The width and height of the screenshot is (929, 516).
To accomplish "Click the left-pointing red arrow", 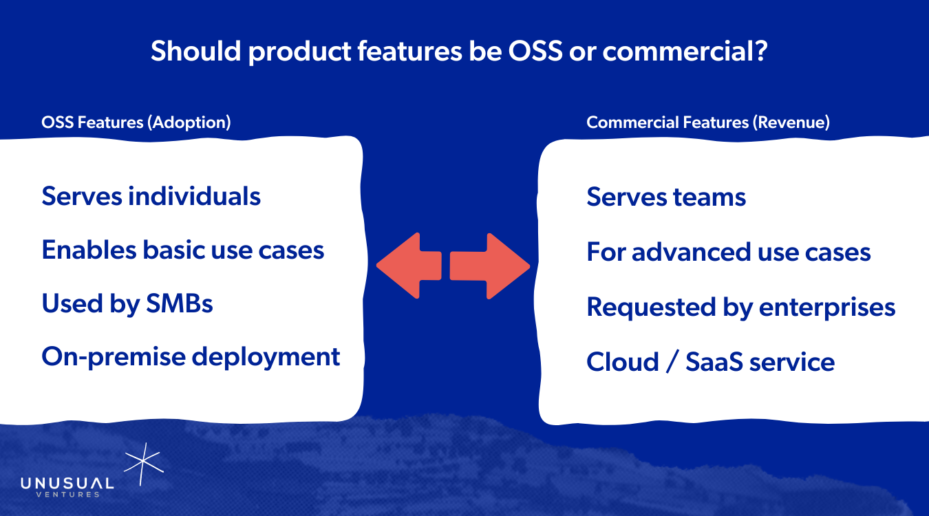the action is pos(409,266).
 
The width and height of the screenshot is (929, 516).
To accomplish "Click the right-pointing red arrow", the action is pos(490,266).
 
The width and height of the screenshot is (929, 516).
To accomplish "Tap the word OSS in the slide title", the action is pos(535,52).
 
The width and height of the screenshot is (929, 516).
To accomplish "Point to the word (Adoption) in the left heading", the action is pos(189,122).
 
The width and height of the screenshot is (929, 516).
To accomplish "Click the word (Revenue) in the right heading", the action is pos(791,122).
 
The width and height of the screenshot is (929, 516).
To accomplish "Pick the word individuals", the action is pos(194,196).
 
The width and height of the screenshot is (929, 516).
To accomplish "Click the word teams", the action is pos(709,197).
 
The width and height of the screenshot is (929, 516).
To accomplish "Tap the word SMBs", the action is pos(179,303).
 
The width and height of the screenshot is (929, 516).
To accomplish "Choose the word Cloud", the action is pos(623,361).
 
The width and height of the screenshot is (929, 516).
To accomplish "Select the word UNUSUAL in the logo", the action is pos(67,484).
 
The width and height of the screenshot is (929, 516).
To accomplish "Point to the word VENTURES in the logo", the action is pos(67,495).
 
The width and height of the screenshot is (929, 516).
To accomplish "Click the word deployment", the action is pos(266,357).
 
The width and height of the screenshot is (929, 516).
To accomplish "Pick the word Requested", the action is pos(651,308).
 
